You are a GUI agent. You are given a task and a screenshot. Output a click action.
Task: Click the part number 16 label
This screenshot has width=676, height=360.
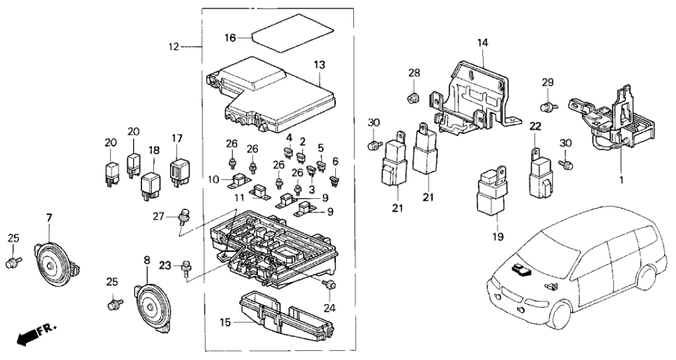tap(229, 38)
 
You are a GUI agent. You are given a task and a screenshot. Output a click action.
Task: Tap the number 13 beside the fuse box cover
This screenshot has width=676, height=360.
tap(319, 65)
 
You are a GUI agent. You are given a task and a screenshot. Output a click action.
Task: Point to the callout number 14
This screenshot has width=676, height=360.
tap(482, 44)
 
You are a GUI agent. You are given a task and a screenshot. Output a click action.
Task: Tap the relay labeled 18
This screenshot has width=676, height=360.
tap(153, 184)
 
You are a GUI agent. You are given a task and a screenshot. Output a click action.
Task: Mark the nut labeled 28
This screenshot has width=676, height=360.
tap(412, 99)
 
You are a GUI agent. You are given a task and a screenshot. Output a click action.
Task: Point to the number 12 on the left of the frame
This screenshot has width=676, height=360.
tap(173, 47)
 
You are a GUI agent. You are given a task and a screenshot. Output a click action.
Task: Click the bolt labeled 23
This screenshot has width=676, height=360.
tap(186, 266)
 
